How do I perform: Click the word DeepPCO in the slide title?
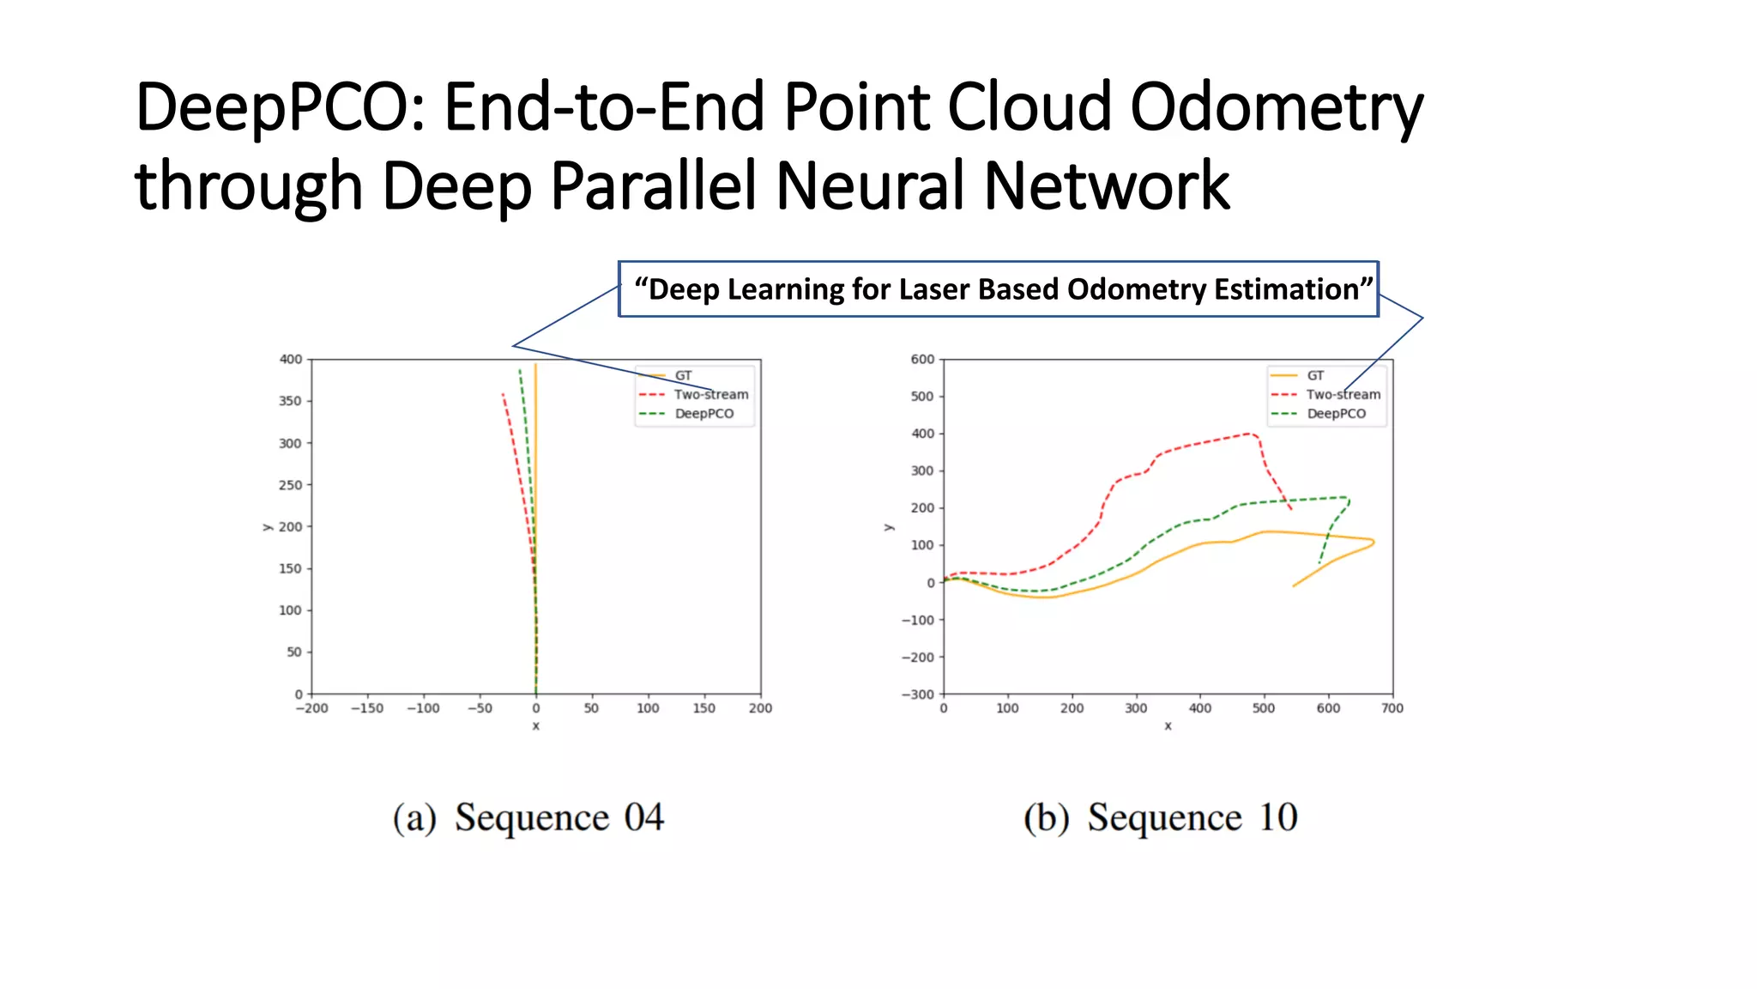coord(280,108)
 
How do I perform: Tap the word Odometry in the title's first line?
coord(1276,108)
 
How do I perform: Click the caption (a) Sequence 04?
coord(528,817)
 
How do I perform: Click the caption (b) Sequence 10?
coord(1160,817)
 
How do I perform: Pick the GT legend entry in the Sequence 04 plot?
coord(682,376)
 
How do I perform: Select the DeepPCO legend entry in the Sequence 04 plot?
coord(703,414)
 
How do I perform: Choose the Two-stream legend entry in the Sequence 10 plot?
coord(1343,395)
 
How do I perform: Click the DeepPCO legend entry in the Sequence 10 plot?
coord(1336,414)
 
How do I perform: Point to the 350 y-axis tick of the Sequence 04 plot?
coord(290,401)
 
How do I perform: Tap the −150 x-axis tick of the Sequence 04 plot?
coord(367,708)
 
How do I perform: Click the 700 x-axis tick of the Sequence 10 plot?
coord(1392,708)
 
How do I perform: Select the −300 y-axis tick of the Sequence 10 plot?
coord(917,695)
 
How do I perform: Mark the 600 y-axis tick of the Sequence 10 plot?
coord(922,360)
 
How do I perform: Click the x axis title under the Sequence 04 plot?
coord(535,726)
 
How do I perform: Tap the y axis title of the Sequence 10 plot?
coord(889,527)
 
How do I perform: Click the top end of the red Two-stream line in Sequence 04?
coord(503,394)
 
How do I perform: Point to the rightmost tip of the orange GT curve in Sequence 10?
coord(1374,542)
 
